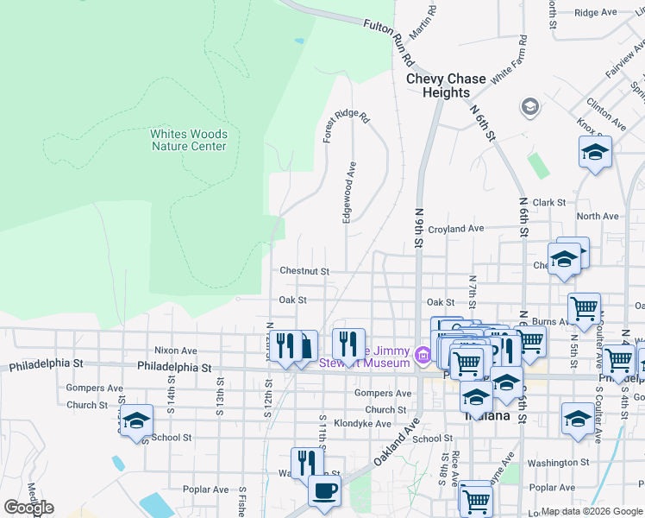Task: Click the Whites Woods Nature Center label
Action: pos(189,140)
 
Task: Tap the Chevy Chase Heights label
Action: pos(446,85)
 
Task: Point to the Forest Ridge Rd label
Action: pos(346,126)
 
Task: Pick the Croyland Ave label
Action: pos(456,229)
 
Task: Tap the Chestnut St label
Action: pos(304,271)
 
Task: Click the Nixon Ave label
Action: pos(175,351)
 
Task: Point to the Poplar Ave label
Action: pos(205,490)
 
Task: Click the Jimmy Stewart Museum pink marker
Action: pos(423,355)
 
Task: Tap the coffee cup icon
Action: pos(324,491)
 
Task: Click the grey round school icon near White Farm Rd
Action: pos(529,108)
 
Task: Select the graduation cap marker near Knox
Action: pos(595,152)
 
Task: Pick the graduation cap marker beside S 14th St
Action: pos(136,420)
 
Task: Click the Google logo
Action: pos(28,508)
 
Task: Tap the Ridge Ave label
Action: pos(595,13)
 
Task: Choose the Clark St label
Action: pos(548,203)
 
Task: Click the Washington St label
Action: pos(558,463)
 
